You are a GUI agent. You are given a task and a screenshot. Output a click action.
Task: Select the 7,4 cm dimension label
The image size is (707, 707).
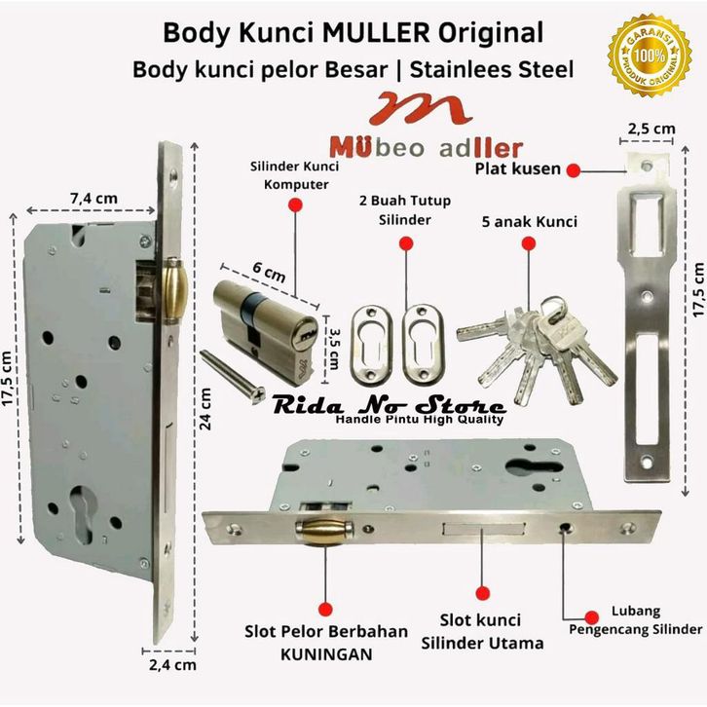(x=93, y=199)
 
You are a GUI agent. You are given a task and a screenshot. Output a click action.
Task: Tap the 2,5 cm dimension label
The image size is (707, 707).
(x=651, y=129)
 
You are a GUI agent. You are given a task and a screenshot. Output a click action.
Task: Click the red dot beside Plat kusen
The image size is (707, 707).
(x=574, y=169)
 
